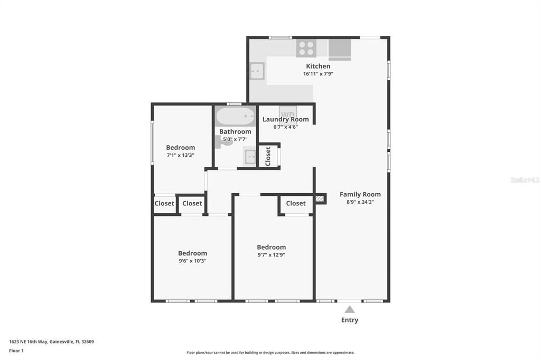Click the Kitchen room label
(x=318, y=66)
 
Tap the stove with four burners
(x=306, y=48)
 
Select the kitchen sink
(x=257, y=71)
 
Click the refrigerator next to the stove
(x=340, y=49)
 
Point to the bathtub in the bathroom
(x=235, y=116)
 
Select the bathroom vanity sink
(x=250, y=157)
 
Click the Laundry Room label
(x=285, y=119)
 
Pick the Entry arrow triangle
(x=350, y=309)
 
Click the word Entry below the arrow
(x=350, y=320)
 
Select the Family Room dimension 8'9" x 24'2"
(x=360, y=202)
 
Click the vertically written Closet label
(x=268, y=156)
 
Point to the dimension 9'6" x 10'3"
(x=192, y=261)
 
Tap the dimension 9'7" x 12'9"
(x=271, y=255)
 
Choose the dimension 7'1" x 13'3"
(x=180, y=155)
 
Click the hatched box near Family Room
(x=319, y=199)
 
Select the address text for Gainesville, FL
(x=51, y=342)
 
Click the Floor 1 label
(x=16, y=350)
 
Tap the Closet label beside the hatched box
(x=296, y=203)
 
